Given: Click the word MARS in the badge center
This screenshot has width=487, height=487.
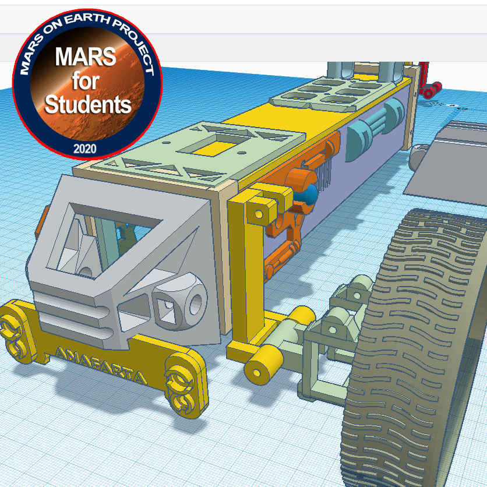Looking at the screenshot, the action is [86, 57].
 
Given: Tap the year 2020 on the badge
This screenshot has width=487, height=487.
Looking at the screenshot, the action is [85, 149].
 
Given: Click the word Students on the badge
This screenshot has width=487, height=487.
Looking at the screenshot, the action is [88, 105].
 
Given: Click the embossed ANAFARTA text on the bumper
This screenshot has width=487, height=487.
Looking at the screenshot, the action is [100, 366].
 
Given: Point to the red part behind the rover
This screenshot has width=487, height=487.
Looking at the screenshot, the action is [428, 80].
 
